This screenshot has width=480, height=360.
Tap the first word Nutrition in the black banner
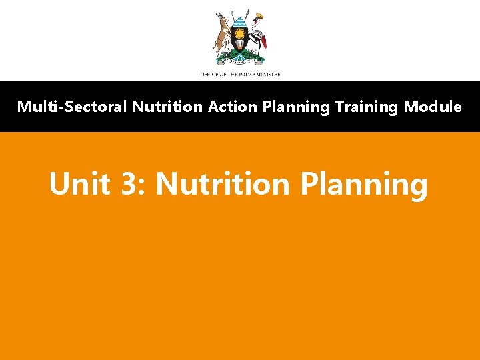click(168, 107)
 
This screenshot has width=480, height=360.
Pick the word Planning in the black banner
click(294, 107)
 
